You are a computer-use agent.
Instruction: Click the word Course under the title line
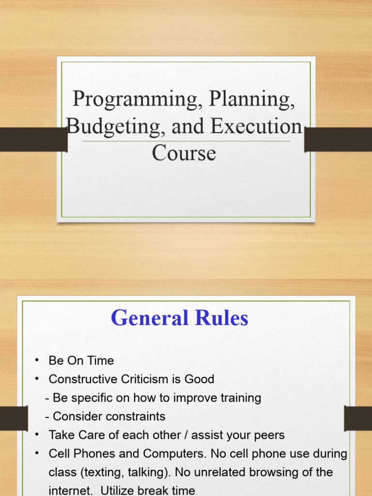pos(184,153)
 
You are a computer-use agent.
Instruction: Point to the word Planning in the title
pos(251,100)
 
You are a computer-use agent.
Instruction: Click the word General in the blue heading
pos(149,318)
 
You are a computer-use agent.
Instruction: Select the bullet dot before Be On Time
pos(37,361)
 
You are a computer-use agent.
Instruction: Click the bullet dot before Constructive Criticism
pos(37,379)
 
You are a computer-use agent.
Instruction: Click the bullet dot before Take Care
pos(37,435)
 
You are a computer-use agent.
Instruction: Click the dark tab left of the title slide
pos(33,139)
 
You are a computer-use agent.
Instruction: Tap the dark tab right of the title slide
pos(338,139)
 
